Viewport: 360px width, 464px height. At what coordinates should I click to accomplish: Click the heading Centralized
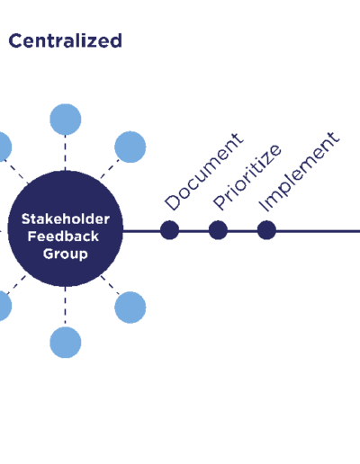pos(66,40)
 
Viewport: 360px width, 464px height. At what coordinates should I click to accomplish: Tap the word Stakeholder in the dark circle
pos(66,219)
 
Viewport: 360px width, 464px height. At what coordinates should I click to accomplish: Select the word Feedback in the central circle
pos(63,236)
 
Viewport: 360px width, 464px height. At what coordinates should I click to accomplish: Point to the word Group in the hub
pos(66,254)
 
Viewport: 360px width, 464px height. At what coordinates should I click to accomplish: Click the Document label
pos(204,172)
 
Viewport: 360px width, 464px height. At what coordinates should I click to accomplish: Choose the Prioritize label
pos(247,177)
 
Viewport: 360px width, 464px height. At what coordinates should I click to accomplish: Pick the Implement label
pos(299,172)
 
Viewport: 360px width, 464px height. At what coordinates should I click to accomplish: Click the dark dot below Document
pos(169,230)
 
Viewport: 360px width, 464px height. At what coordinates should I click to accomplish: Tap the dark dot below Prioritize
pos(218,230)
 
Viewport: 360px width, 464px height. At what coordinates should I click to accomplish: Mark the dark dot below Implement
pos(266,230)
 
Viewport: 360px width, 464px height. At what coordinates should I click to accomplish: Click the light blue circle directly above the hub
pos(66,120)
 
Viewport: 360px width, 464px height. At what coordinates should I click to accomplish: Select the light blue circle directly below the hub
pos(66,343)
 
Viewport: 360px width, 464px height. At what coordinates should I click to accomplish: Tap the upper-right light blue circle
pos(130,147)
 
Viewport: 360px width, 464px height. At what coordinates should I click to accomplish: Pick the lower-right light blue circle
pos(130,308)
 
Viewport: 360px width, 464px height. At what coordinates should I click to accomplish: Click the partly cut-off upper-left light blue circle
pos(4,147)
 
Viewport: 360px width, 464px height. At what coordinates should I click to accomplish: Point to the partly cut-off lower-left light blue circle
pos(4,306)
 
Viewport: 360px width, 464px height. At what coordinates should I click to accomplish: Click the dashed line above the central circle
pos(65,153)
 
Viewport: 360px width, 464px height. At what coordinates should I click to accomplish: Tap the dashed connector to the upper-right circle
pos(110,169)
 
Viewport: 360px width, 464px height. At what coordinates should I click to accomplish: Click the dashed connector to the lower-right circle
pos(110,285)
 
